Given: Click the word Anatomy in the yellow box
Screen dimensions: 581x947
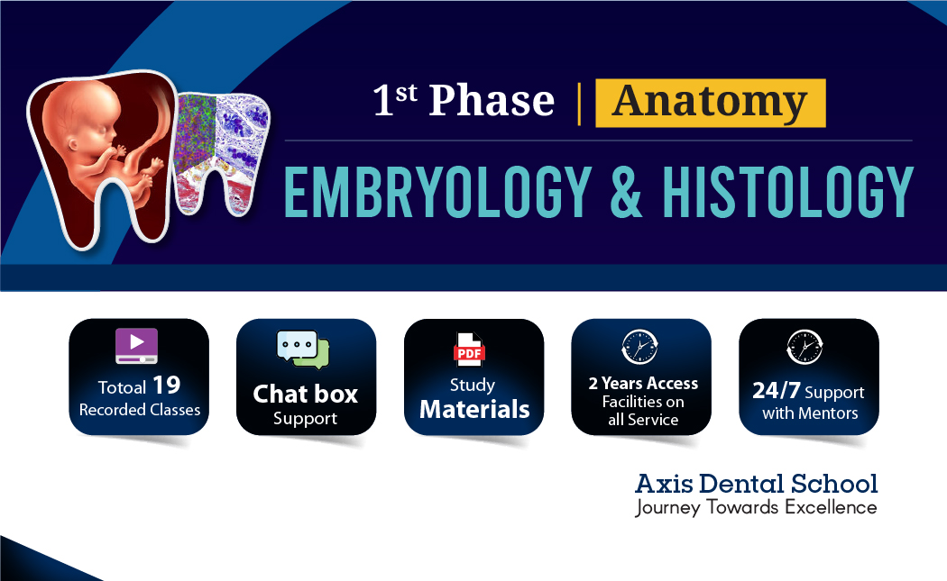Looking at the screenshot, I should (x=710, y=103).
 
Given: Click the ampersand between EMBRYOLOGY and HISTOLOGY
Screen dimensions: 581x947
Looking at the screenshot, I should (x=613, y=191).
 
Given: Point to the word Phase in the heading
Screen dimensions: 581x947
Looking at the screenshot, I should (x=492, y=101).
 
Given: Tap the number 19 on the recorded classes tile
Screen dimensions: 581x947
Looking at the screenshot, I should (x=166, y=386).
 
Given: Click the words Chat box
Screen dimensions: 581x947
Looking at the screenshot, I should (x=306, y=395).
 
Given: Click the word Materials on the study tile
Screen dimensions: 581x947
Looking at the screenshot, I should (x=474, y=410).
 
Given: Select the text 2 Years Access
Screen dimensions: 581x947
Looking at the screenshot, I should (x=643, y=383).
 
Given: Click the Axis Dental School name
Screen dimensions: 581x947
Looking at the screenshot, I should (x=756, y=484).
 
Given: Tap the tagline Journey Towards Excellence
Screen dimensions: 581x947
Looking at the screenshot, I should (x=756, y=507).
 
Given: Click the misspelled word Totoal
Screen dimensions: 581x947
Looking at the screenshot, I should (x=122, y=388).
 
